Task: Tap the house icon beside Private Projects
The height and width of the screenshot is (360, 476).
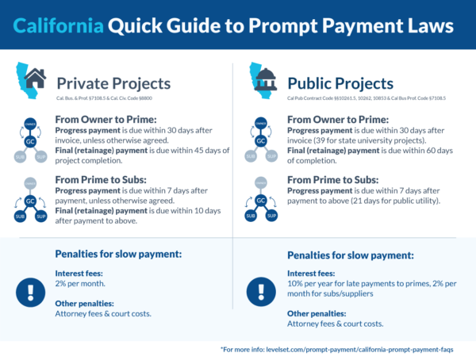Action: coord(35,79)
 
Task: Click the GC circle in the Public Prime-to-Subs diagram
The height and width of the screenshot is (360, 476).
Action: coord(262,202)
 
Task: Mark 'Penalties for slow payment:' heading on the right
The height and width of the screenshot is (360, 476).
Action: coord(350,255)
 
